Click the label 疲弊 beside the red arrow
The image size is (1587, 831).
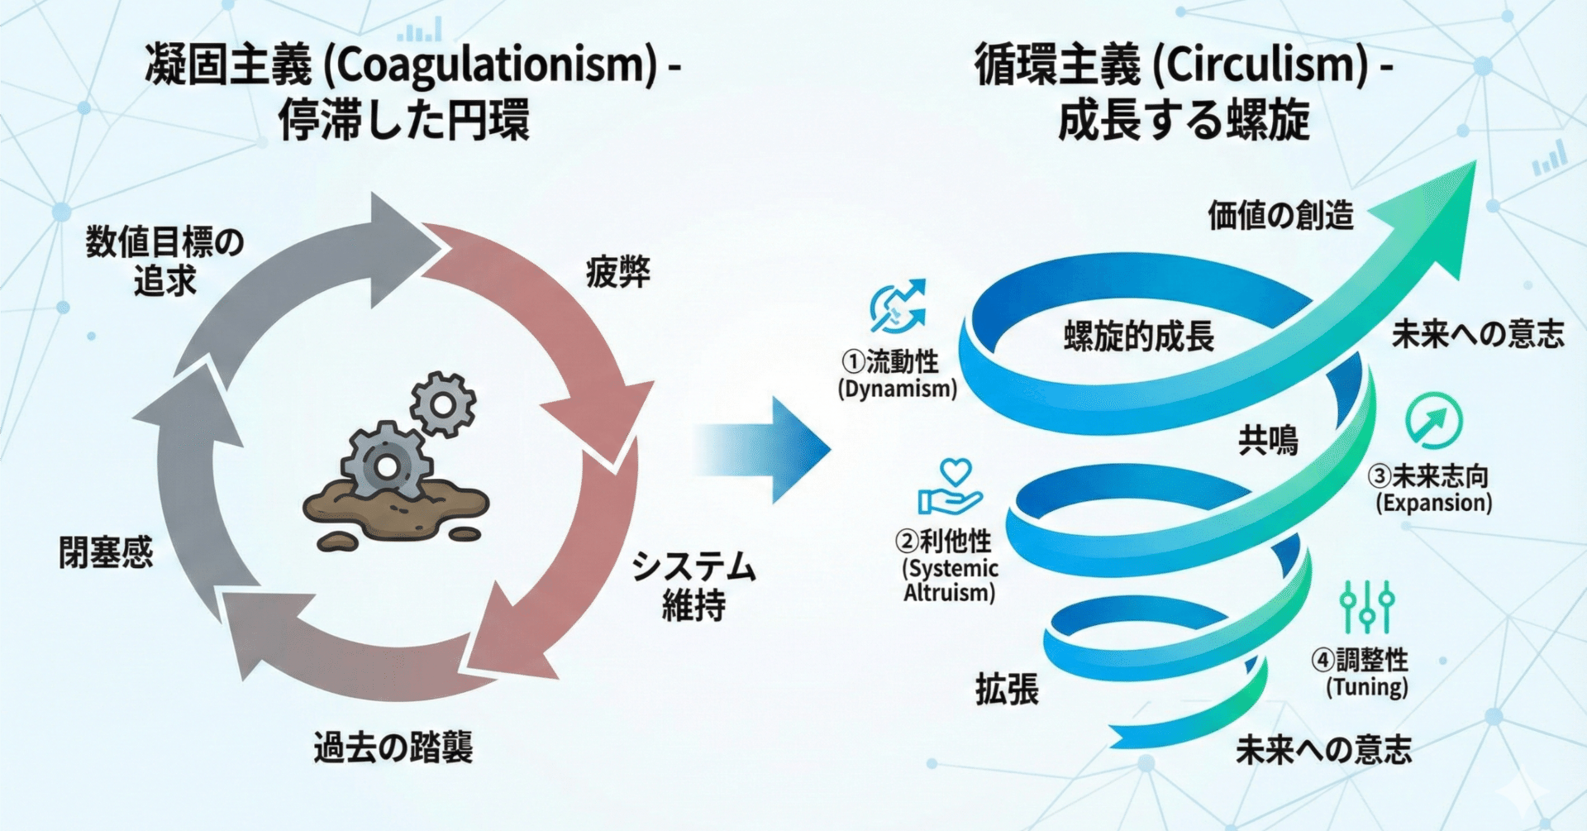(618, 272)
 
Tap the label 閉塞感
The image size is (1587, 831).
(106, 552)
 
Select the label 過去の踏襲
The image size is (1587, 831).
(393, 747)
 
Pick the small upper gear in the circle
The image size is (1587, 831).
(443, 404)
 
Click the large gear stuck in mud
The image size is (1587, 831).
(385, 465)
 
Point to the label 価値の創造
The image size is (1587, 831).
(1280, 215)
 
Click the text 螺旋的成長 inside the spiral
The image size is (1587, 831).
(1138, 337)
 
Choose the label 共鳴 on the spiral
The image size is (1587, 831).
(1268, 441)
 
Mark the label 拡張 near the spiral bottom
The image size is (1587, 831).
(1007, 689)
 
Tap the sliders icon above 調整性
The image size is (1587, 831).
(1367, 606)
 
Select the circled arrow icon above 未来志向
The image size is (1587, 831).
(1433, 421)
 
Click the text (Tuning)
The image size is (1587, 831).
(1367, 687)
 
